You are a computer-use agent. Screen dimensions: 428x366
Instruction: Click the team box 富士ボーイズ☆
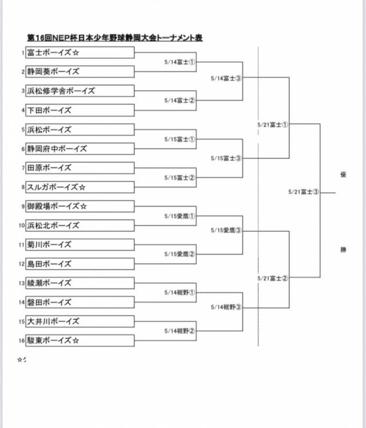pos(79,53)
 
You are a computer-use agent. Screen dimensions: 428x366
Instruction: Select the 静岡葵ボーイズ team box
pos(79,71)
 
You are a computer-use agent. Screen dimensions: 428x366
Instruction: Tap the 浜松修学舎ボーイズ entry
pos(79,91)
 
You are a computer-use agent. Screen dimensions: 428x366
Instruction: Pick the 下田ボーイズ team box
pos(79,110)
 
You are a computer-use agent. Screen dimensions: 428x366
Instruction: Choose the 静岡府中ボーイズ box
pos(79,149)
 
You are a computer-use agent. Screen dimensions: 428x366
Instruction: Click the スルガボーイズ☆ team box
pos(79,187)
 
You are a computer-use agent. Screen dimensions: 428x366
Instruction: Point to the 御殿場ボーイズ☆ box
pos(79,206)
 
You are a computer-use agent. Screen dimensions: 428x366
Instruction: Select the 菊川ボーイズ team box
pos(79,245)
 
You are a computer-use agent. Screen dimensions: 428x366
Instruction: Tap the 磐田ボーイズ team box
pos(79,302)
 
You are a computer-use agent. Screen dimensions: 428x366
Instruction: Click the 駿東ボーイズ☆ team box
pos(79,341)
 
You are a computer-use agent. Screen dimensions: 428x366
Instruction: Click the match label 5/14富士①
pos(180,62)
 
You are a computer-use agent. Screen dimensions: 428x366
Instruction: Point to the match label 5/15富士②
pos(180,177)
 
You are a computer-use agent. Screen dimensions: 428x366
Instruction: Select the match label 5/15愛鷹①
pos(180,216)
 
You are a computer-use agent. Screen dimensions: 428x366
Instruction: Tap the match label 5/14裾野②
pos(180,330)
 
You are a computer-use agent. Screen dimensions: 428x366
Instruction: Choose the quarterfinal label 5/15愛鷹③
pos(226,230)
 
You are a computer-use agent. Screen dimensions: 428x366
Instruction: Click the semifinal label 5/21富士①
pos(273,123)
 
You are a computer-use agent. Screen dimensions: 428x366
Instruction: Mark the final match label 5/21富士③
pos(304,192)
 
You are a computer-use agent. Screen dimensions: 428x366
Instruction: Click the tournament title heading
pos(115,38)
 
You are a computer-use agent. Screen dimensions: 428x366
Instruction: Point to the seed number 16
pos(21,341)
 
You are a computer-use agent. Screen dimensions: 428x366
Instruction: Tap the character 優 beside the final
pos(344,175)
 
